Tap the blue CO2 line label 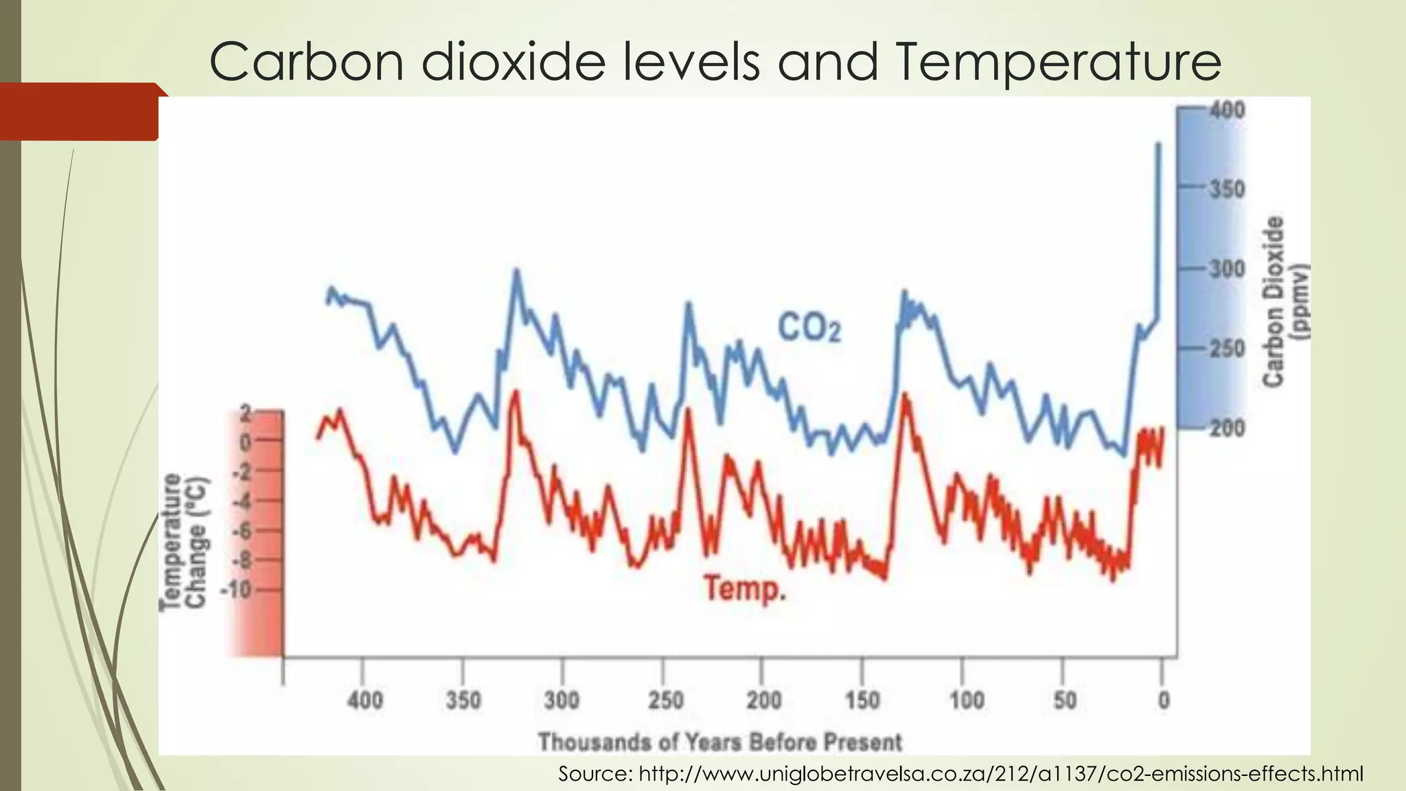(809, 328)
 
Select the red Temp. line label (745, 588)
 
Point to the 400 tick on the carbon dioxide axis (1226, 110)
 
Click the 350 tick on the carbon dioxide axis (1226, 189)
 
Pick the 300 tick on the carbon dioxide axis (1226, 268)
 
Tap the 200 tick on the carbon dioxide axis (1226, 428)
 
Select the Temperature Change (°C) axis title (183, 541)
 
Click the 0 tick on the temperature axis (245, 442)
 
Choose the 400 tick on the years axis (365, 700)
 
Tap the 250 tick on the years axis (665, 700)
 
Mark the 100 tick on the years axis (966, 700)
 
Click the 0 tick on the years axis (1163, 700)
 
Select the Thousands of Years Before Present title (719, 742)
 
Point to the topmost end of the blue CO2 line (1158, 144)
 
